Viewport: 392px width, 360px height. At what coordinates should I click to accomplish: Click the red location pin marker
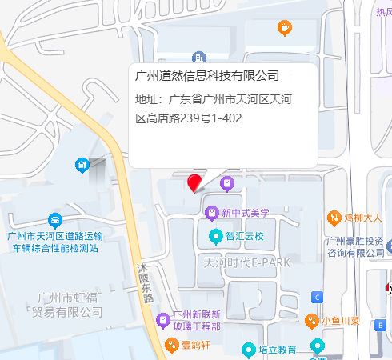[x=194, y=182]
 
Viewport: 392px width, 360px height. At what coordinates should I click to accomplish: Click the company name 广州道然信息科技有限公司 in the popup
[x=207, y=76]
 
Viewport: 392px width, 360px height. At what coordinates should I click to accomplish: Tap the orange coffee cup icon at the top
[x=284, y=29]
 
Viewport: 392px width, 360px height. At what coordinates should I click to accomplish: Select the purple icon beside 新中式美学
[x=212, y=213]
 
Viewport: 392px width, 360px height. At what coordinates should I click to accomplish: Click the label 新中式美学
[x=246, y=213]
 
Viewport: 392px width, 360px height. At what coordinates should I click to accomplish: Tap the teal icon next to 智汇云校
[x=214, y=236]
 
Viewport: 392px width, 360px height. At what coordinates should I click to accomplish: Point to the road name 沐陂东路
[x=146, y=282]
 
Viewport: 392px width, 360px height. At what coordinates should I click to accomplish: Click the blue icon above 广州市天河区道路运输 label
[x=54, y=219]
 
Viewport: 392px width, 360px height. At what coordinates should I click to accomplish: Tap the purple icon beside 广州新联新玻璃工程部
[x=163, y=318]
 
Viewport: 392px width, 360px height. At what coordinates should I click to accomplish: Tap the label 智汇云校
[x=244, y=237]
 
